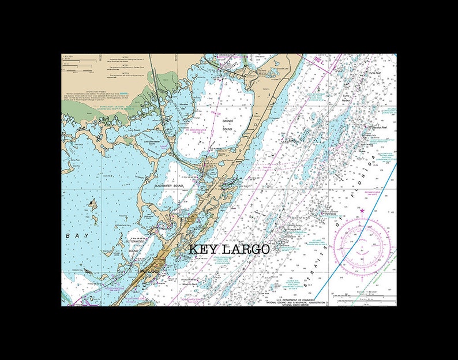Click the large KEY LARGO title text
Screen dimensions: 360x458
pos(229,249)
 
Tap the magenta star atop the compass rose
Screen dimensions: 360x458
pos(362,211)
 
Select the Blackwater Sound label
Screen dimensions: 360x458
pos(168,186)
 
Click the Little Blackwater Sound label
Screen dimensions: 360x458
pos(152,141)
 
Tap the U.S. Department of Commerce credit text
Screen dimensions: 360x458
pos(301,299)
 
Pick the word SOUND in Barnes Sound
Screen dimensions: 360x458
pos(227,129)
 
